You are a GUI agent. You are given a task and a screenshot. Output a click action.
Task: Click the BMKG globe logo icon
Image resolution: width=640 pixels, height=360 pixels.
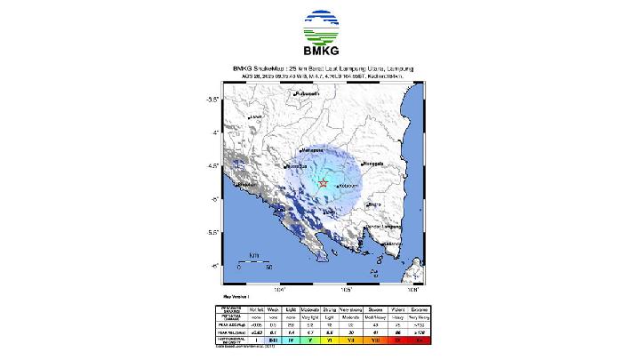point(321,28)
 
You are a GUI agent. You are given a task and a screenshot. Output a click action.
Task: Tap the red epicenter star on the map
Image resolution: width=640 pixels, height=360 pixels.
point(324,184)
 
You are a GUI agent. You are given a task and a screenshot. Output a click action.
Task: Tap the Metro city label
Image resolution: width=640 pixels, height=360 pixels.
point(373,204)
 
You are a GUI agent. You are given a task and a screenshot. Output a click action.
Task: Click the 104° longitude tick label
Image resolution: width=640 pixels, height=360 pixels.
point(279,288)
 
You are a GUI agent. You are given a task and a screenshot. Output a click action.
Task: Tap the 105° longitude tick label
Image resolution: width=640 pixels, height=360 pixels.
point(346,288)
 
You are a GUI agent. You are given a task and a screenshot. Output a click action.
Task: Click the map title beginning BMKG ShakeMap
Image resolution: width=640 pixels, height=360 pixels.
point(321,68)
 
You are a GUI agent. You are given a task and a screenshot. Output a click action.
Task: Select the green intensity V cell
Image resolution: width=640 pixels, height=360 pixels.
point(304,339)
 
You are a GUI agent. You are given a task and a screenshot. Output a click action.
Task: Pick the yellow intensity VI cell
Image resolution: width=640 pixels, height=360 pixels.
point(328,339)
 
